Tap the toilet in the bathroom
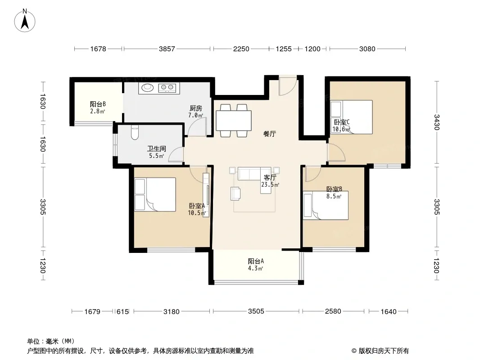135,132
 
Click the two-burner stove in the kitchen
167,88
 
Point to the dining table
234,121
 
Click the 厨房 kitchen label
195,108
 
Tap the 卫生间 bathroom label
156,148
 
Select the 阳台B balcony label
98,104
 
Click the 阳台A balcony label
256,261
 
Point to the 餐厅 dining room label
270,134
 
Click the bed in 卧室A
155,194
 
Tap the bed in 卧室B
326,205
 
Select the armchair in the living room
235,193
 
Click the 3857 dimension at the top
167,49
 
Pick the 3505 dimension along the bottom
256,311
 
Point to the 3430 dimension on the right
437,122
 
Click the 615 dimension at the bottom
122,312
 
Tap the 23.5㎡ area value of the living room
270,185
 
